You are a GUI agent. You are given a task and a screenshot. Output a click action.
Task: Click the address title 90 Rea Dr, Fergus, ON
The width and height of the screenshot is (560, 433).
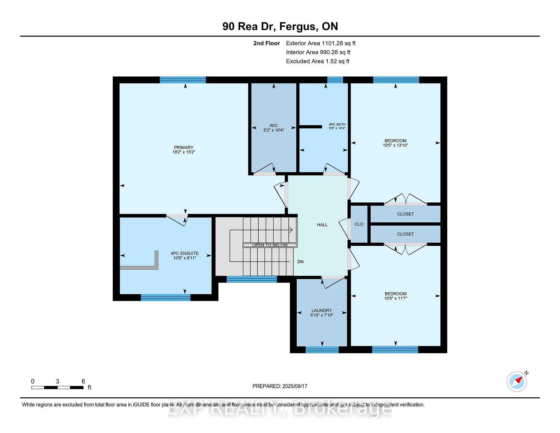pos(280,27)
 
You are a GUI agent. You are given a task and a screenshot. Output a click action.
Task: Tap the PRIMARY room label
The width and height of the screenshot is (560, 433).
pos(184,147)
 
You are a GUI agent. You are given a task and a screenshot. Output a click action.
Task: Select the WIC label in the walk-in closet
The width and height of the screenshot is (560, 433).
pos(274,125)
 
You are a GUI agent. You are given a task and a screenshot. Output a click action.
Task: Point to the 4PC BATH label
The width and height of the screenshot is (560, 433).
pos(337,124)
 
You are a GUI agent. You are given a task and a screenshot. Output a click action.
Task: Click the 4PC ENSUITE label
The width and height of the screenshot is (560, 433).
pos(185,253)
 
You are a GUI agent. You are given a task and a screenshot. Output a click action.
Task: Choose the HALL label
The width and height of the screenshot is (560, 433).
pos(322,225)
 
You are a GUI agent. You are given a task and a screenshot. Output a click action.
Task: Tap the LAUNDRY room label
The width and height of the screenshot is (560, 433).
pos(322,310)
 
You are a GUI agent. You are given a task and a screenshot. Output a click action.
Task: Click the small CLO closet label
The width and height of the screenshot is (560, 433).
pos(359,224)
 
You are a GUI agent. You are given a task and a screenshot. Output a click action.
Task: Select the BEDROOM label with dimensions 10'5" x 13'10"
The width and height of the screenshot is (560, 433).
pos(395,141)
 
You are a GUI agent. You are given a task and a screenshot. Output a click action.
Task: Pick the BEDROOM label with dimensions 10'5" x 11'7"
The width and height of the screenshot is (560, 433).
pos(395,294)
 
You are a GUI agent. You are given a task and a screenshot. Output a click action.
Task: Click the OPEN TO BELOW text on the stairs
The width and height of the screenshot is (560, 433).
pos(270,245)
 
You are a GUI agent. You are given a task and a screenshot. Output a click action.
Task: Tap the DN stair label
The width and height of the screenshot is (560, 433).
pos(300,262)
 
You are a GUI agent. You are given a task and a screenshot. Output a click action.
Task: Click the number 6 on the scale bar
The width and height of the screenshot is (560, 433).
pos(83,381)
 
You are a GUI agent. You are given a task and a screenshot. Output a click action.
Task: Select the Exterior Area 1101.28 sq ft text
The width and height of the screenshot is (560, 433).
pos(321,43)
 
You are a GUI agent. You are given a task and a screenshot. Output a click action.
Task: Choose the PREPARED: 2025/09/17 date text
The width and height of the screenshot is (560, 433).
pos(280,386)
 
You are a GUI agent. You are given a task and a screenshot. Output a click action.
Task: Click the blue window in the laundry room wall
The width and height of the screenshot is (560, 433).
pos(322,350)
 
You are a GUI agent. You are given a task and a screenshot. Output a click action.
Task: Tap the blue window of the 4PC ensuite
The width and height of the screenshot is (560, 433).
pos(166,297)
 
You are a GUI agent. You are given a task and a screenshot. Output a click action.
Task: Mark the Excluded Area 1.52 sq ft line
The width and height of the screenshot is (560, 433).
pos(318,62)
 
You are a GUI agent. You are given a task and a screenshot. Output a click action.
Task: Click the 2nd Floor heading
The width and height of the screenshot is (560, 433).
pos(267,43)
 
